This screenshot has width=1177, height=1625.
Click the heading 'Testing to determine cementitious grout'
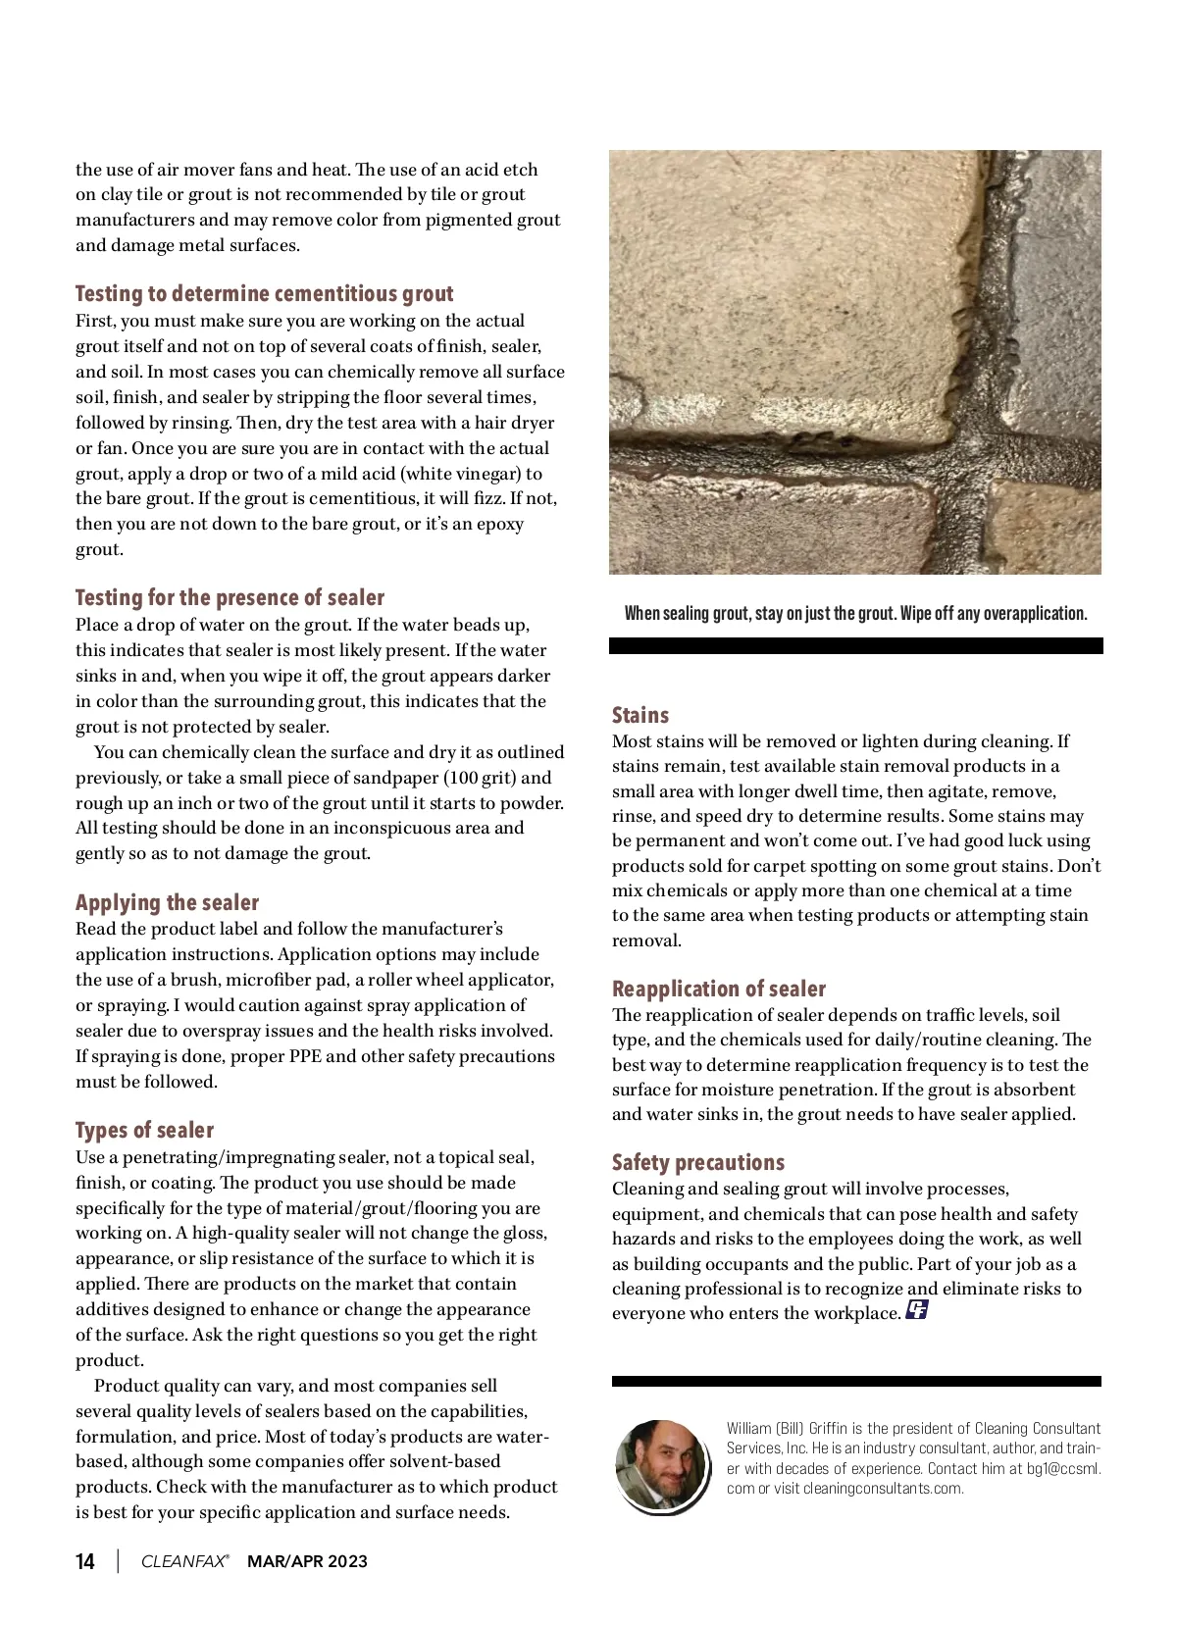264,294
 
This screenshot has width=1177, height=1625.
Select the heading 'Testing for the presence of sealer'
230,598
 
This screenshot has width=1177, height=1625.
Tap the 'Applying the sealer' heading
167,903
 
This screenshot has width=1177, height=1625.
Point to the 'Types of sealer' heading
144,1131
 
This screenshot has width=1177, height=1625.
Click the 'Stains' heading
640,716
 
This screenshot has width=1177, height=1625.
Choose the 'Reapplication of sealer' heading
719,990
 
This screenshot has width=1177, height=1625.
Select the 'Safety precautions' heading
698,1163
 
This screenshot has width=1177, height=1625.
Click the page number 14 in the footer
85,1562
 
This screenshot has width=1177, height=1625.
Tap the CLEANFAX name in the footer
184,1562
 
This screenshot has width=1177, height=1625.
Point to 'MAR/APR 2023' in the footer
307,1562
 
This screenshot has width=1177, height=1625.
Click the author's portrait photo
661,1464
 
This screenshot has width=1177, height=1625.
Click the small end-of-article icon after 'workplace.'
917,1310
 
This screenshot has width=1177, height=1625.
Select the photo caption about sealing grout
855,614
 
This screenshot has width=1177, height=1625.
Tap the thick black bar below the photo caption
855,646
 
